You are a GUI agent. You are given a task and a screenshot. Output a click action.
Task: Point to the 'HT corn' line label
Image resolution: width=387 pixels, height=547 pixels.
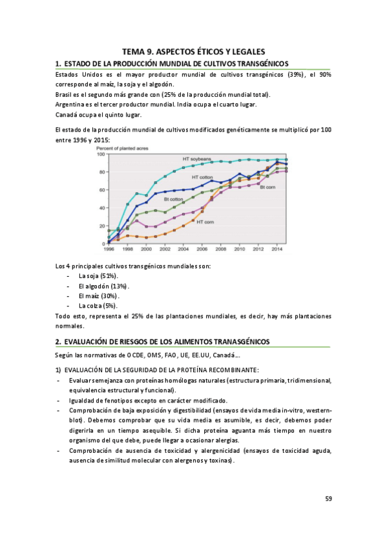tap(205, 221)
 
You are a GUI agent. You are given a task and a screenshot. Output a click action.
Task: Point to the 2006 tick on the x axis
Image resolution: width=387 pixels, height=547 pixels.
tap(202, 249)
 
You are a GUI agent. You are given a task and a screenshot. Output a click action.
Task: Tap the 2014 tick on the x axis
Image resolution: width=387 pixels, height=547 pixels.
tap(277, 249)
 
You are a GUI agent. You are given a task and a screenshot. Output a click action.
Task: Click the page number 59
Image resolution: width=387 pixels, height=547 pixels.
tap(328, 499)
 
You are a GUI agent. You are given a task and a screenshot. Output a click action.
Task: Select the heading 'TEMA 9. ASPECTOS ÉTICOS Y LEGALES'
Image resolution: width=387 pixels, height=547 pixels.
tap(193, 51)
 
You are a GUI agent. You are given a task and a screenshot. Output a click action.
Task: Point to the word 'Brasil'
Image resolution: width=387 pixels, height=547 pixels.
tap(65, 95)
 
